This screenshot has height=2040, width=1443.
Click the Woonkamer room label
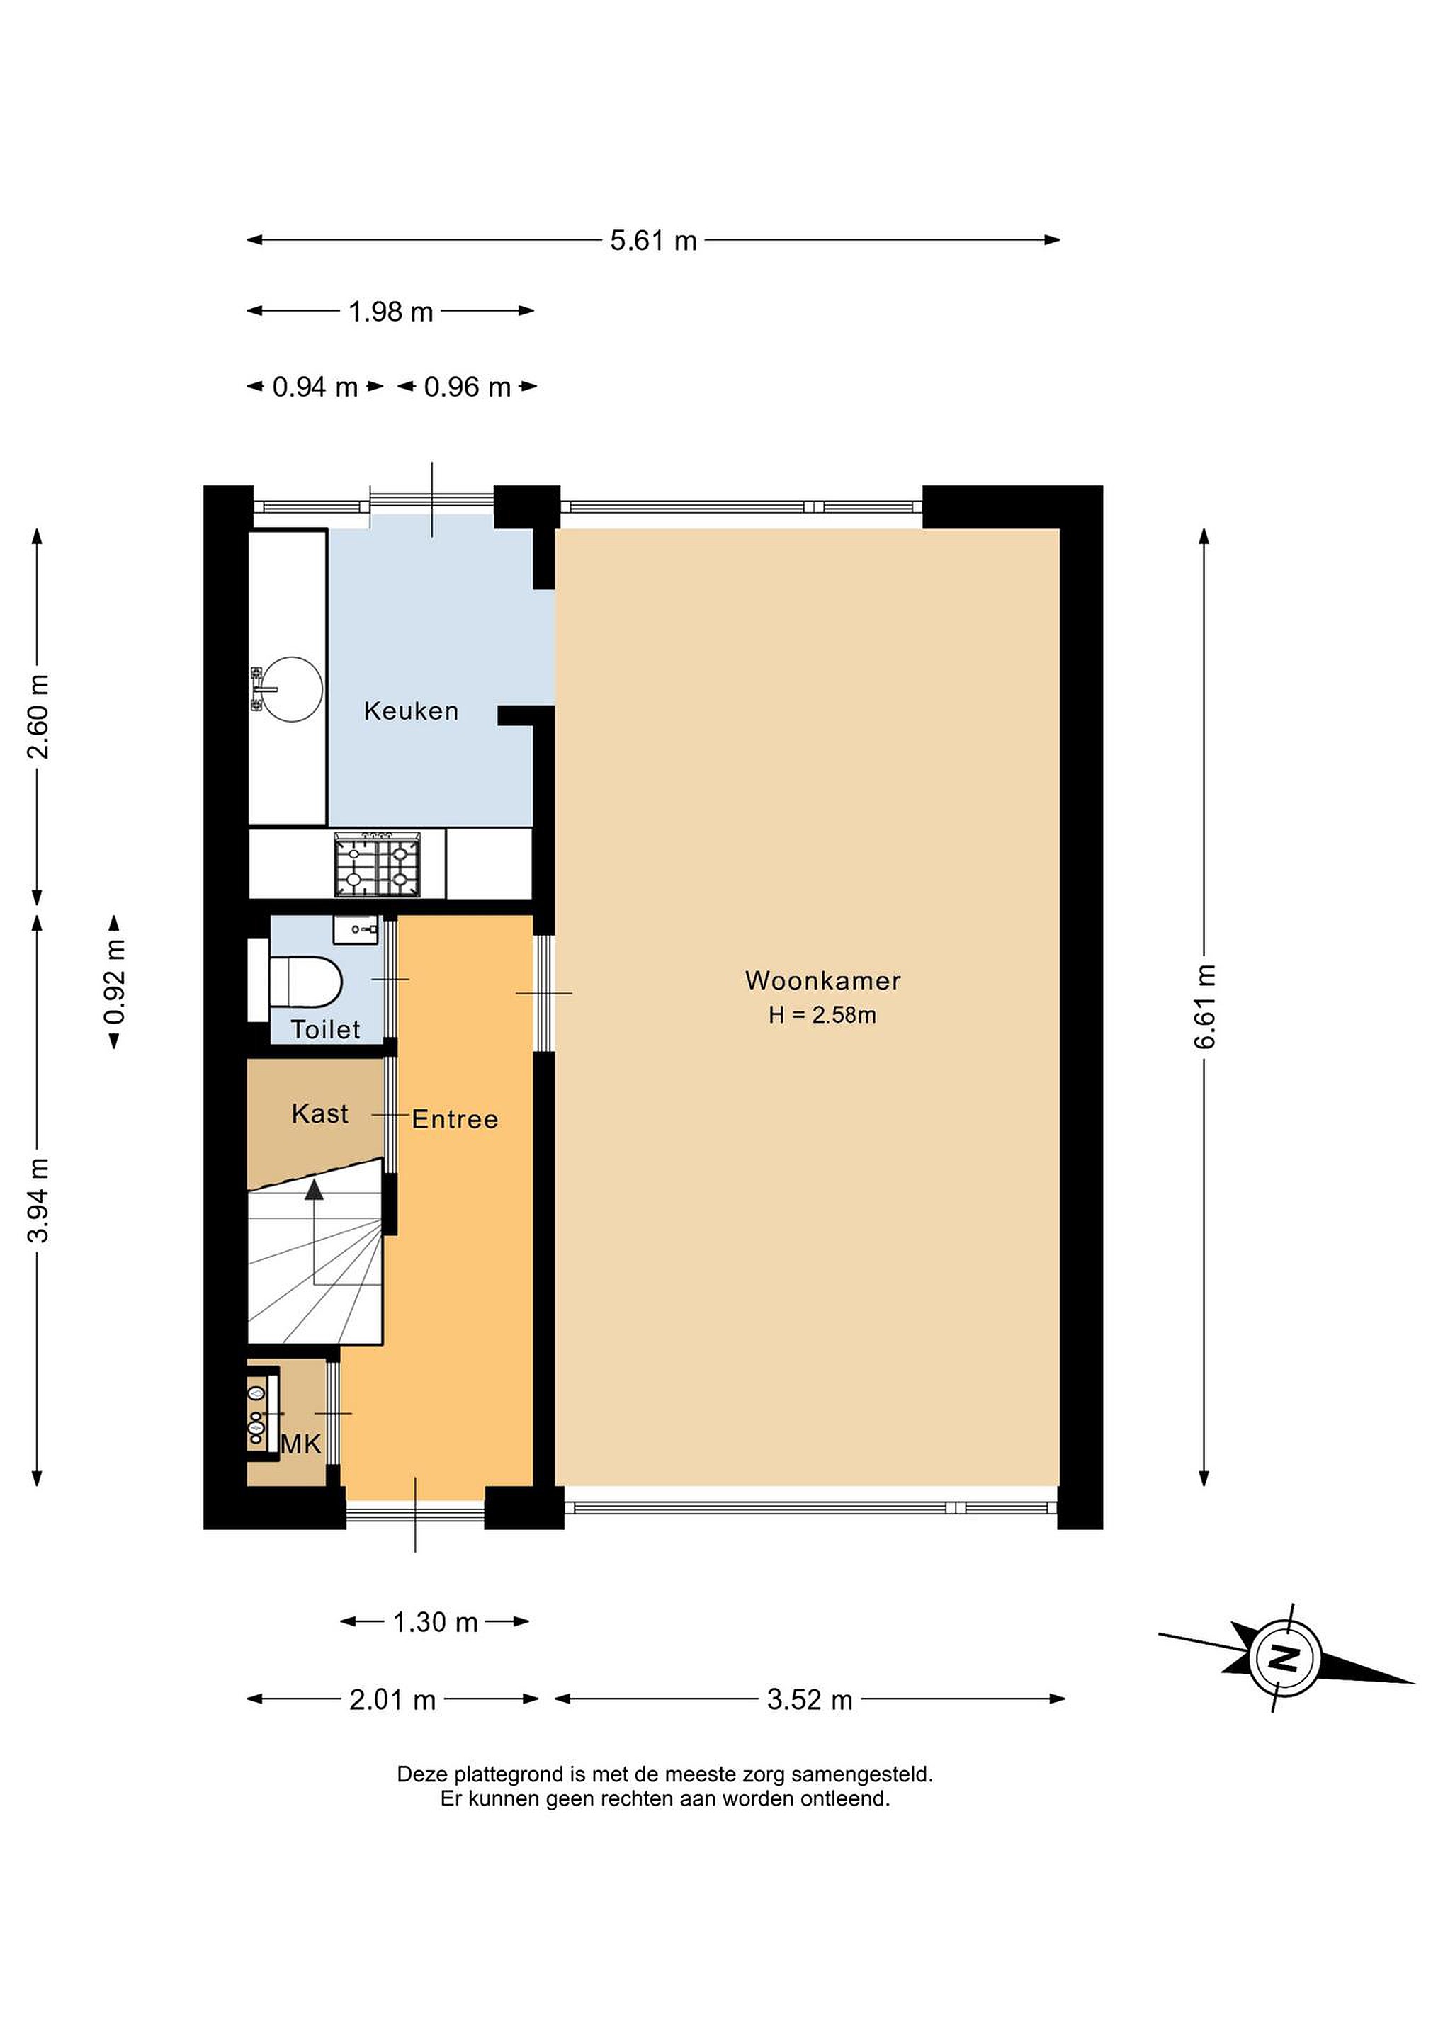coord(822,981)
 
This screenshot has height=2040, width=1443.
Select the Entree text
coord(455,1119)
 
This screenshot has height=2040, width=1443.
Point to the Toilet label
coord(325,1030)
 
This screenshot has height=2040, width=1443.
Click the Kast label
coord(320,1113)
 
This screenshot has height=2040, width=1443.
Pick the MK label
coord(300,1445)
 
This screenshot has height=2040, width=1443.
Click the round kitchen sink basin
coord(293,688)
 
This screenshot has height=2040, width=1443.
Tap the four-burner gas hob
coord(377,864)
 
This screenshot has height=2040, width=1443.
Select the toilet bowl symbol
coord(305,981)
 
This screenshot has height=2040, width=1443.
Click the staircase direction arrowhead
coord(314,1191)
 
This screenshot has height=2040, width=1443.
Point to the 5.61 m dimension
coord(653,241)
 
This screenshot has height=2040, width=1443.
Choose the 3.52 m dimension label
coord(810,1701)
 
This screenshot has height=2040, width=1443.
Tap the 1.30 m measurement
coord(436,1622)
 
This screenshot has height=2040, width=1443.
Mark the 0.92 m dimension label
coord(115,982)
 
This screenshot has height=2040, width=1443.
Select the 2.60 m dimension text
coord(38,716)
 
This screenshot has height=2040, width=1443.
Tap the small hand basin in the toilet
coord(356,929)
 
